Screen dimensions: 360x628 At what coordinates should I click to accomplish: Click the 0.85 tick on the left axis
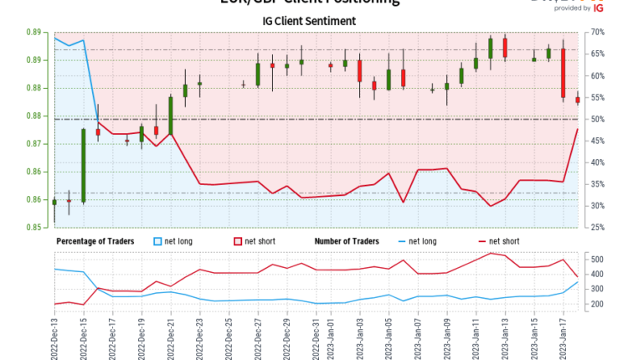(36, 227)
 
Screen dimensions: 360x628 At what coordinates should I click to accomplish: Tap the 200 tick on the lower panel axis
(598, 304)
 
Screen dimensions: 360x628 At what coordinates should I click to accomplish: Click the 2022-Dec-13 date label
(54, 333)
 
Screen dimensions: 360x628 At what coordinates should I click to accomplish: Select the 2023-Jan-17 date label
(563, 333)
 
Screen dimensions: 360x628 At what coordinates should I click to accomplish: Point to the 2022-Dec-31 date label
(316, 333)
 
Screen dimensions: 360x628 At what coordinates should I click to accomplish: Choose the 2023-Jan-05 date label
(389, 333)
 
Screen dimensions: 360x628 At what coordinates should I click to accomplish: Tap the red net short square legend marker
(236, 242)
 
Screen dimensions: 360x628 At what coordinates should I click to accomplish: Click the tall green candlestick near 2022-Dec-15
(83, 165)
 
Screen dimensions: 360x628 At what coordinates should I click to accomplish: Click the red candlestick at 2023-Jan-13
(505, 48)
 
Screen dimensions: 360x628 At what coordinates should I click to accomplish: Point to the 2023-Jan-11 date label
(476, 333)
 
